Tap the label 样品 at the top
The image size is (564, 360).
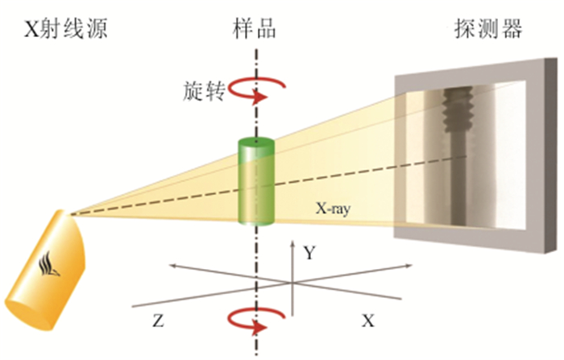click(255, 30)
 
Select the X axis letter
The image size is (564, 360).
click(367, 321)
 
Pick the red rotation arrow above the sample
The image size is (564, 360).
click(256, 91)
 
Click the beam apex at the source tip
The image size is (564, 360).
click(69, 213)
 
